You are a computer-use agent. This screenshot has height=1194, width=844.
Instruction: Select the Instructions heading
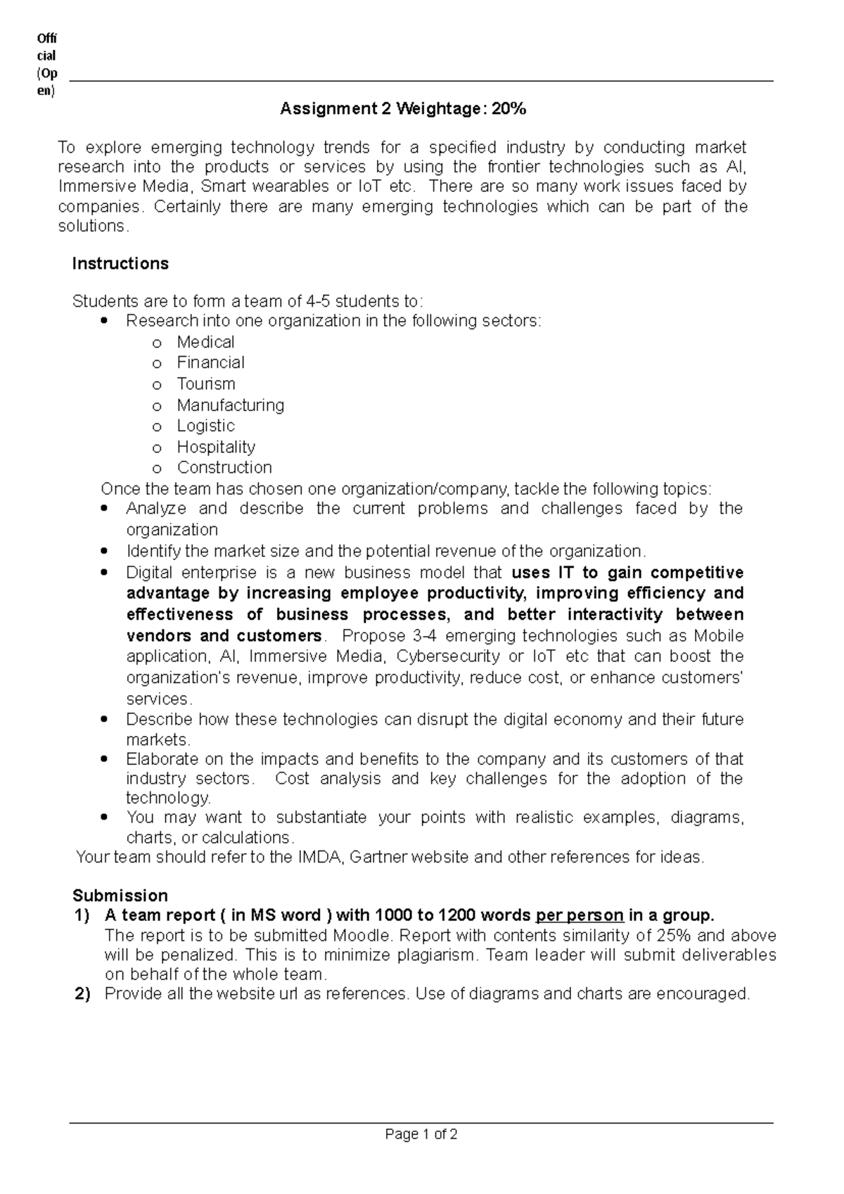120,264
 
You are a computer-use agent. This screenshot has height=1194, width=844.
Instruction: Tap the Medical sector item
205,343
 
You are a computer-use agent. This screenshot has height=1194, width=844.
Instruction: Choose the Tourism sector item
206,384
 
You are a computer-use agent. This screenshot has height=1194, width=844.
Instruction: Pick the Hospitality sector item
216,447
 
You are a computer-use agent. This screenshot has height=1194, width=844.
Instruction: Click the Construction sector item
224,468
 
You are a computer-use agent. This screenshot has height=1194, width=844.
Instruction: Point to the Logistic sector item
205,426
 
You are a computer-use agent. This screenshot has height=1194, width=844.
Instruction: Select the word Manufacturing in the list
231,405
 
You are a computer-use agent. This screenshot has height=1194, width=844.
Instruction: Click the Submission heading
120,896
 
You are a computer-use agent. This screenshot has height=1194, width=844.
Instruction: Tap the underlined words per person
580,915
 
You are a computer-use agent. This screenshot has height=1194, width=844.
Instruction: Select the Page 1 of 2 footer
421,1134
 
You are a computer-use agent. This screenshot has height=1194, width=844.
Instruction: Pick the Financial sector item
210,363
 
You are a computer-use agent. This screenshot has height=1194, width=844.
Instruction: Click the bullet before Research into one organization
105,322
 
